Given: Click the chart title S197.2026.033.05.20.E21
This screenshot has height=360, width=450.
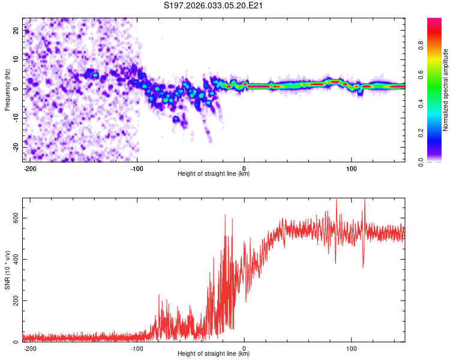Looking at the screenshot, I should tap(214, 6).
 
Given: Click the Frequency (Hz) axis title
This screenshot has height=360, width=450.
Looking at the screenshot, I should tap(7, 90).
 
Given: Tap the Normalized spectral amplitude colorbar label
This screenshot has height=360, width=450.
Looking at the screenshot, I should tap(446, 90).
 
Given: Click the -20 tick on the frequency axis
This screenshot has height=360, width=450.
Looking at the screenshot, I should tap(15, 146).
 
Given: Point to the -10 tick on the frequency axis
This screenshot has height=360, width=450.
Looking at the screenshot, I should tap(15, 118).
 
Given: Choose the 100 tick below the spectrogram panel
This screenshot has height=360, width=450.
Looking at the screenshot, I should tap(351, 167).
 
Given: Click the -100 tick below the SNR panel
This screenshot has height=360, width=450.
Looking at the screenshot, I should tap(137, 347).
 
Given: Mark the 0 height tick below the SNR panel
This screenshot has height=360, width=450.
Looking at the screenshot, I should tap(244, 347).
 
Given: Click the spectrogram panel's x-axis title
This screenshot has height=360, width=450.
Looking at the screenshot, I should tap(214, 174).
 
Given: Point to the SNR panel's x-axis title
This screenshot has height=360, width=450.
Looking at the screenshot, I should tap(214, 354).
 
